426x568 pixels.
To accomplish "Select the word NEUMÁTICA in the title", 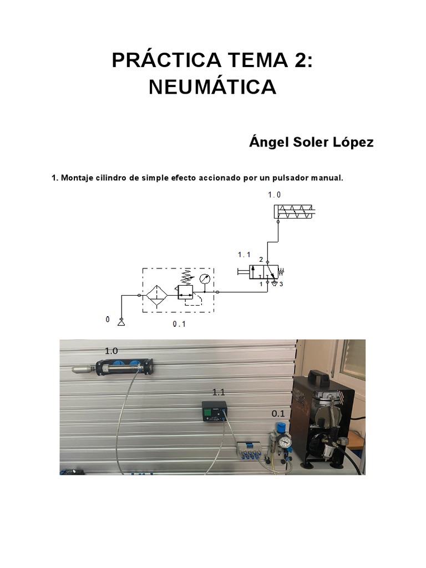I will (x=212, y=87).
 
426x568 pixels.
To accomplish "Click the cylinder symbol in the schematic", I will (x=293, y=211).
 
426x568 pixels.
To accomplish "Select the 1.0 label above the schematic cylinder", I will (x=274, y=195).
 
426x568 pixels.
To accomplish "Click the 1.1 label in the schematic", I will (x=244, y=255).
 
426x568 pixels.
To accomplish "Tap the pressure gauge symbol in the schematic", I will (x=205, y=279).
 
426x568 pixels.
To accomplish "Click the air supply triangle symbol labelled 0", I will (x=121, y=322).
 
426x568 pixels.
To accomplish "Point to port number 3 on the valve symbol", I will (x=281, y=285).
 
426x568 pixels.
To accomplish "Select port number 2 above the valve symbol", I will (x=261, y=260).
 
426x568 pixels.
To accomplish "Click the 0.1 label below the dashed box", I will (x=179, y=324).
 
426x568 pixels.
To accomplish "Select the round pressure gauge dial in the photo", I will (x=285, y=442).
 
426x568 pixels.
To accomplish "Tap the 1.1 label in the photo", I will (x=219, y=392).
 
